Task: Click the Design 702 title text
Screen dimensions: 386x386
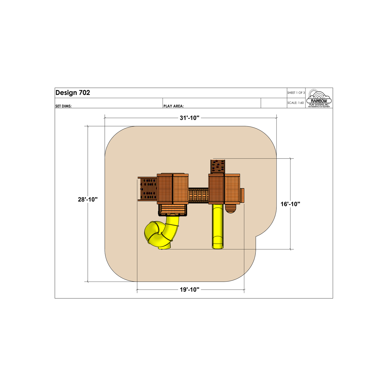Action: pos(73,93)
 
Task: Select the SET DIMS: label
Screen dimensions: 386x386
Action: pos(63,106)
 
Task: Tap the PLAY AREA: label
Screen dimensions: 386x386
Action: pos(173,106)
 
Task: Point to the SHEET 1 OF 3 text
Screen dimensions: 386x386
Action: pos(296,93)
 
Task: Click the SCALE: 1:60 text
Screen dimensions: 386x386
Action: pos(296,103)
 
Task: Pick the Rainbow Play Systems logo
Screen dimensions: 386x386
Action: pos(319,98)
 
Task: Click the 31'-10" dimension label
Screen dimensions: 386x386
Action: pos(190,118)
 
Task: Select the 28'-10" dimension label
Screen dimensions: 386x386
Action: pos(88,199)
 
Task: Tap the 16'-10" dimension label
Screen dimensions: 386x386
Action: pos(290,204)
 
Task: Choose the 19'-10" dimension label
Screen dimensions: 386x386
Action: pos(190,290)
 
